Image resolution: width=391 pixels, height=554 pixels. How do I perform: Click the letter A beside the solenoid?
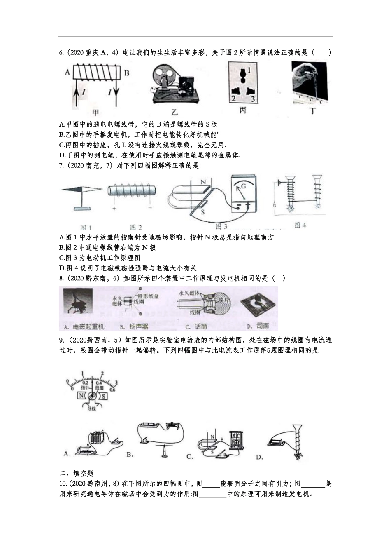[x=67, y=73]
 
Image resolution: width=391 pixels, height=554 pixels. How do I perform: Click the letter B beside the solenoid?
[x=126, y=73]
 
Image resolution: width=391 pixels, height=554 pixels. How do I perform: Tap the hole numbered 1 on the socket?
[x=249, y=70]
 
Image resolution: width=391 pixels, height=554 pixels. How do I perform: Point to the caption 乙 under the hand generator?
[x=175, y=112]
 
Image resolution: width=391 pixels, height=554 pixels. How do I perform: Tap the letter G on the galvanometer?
[x=243, y=186]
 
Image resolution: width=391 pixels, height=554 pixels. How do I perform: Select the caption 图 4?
[x=300, y=225]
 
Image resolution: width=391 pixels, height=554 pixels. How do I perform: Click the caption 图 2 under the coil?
[x=136, y=227]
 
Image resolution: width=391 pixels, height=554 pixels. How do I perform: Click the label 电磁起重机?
[x=83, y=326]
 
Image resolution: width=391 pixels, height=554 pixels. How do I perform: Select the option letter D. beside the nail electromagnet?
[x=259, y=457]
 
